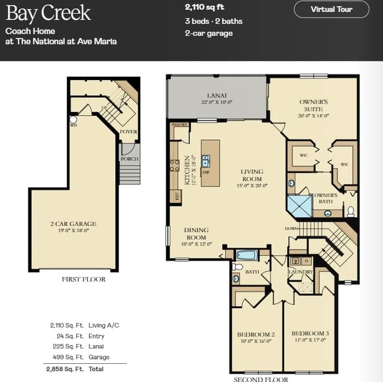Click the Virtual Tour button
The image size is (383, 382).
click(x=331, y=9)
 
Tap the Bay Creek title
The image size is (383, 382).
click(x=48, y=13)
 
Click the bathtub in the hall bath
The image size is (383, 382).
click(x=247, y=255)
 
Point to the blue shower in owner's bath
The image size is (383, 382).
click(x=300, y=206)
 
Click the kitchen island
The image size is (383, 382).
click(x=211, y=163)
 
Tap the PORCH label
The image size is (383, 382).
click(x=129, y=159)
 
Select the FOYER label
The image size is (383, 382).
click(x=129, y=132)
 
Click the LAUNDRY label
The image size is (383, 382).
click(x=301, y=272)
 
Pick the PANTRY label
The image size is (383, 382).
click(x=179, y=124)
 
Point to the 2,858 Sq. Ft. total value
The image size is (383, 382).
click(x=64, y=369)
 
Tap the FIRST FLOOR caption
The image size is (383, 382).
click(x=83, y=279)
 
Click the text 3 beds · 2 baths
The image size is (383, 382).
click(x=213, y=22)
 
